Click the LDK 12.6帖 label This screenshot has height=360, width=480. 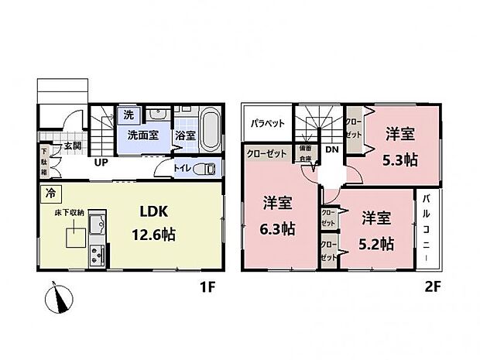click(153, 222)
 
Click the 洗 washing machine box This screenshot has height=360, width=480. click(128, 115)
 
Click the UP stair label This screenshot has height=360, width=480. click(101, 163)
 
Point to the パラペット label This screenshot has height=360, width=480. click(269, 123)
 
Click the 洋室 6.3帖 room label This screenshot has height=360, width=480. click(276, 216)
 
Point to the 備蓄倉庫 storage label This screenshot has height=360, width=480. click(307, 153)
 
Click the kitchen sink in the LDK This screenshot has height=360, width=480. click(96, 226)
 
